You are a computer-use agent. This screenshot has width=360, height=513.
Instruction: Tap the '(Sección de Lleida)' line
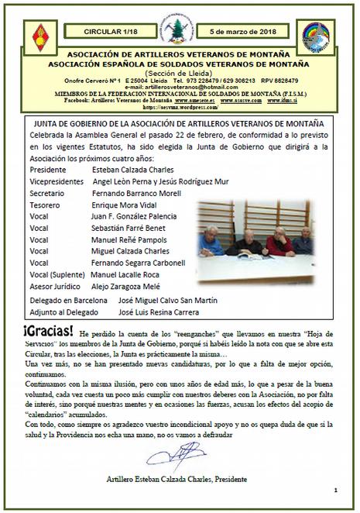pos(179,72)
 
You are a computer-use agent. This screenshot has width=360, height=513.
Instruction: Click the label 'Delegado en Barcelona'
pos(67,299)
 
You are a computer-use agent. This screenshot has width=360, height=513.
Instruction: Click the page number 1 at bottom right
pos(337,491)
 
